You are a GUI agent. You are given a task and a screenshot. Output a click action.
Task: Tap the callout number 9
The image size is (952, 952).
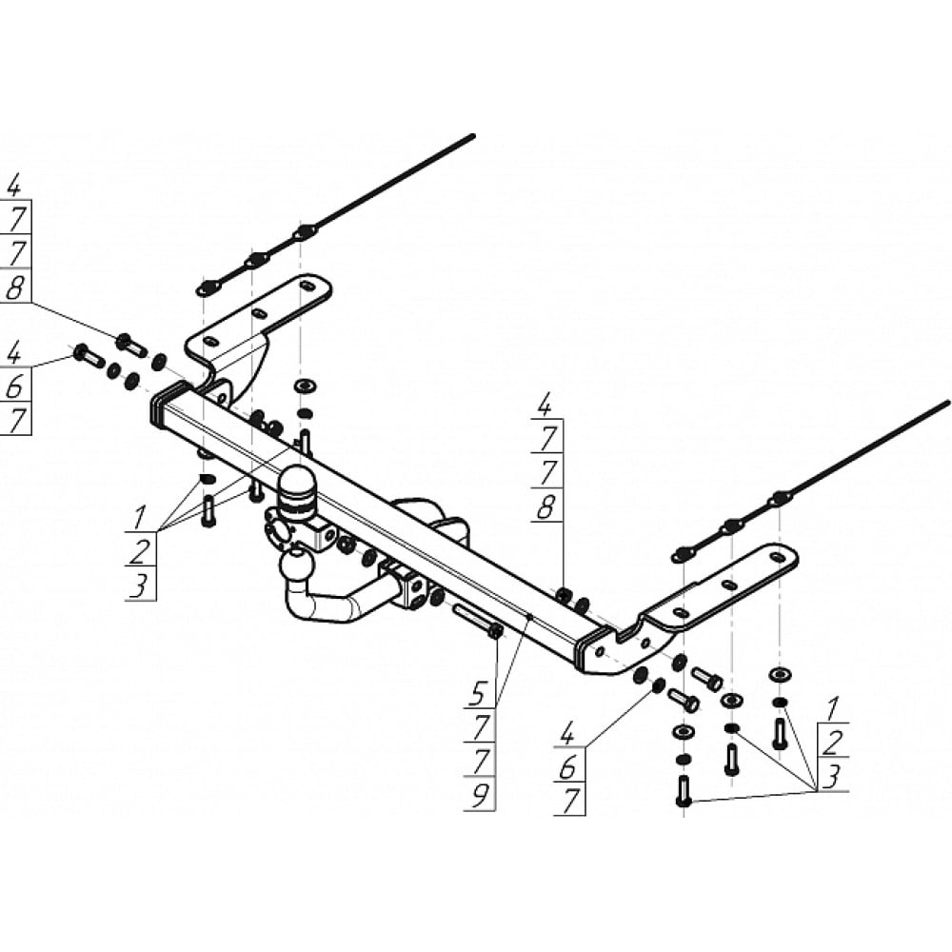[480, 795]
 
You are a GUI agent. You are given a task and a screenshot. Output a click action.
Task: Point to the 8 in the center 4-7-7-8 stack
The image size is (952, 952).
[545, 506]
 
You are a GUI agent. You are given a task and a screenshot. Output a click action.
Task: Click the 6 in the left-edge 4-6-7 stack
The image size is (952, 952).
[14, 387]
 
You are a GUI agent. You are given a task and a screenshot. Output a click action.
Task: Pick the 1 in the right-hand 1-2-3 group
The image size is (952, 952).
[833, 709]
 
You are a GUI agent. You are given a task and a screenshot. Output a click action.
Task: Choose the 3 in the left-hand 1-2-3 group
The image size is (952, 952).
[139, 587]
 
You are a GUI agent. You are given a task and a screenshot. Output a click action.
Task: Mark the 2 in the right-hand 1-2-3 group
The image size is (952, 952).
[834, 743]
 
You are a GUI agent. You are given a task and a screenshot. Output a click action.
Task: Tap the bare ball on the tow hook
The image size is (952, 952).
[297, 565]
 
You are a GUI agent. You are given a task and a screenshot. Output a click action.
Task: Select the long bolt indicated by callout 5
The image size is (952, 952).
[477, 620]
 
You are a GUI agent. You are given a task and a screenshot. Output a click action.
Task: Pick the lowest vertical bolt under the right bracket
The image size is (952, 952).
[684, 791]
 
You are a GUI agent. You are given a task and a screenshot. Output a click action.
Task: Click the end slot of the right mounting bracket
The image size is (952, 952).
[776, 556]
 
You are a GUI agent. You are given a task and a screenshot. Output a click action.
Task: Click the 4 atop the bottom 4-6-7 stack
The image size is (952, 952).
[567, 736]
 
